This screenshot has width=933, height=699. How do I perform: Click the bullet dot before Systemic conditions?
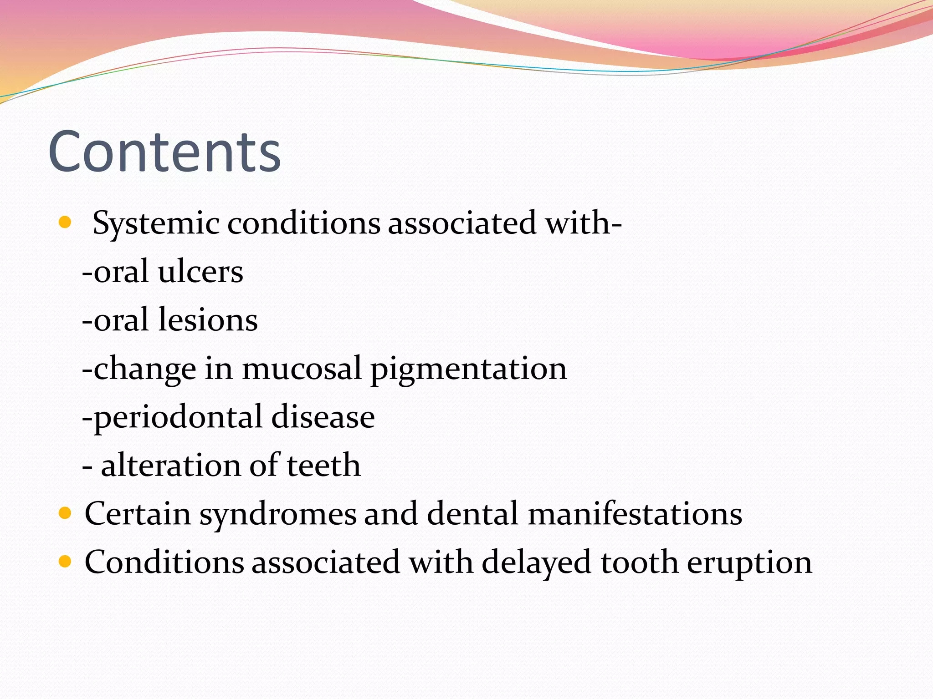pyautogui.click(x=66, y=223)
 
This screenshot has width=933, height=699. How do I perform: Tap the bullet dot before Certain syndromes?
pyautogui.click(x=66, y=513)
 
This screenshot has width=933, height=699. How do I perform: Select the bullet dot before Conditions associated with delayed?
pyautogui.click(x=66, y=562)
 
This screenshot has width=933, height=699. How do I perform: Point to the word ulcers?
pyautogui.click(x=200, y=272)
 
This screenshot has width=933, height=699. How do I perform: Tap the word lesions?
pyautogui.click(x=208, y=320)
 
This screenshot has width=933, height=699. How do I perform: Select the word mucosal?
pyautogui.click(x=302, y=369)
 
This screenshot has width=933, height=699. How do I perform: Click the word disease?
pyautogui.click(x=323, y=417)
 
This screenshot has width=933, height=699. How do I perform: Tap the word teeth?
pyautogui.click(x=323, y=466)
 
